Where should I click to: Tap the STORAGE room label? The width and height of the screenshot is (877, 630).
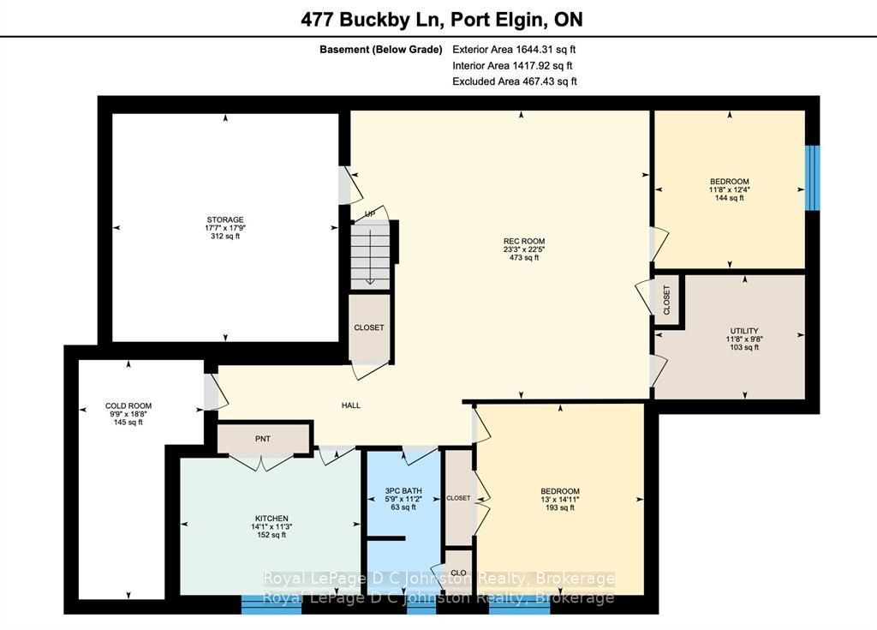pos(225,219)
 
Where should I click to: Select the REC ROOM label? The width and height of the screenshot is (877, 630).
pos(524,242)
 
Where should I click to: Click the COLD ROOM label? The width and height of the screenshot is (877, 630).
pos(128,406)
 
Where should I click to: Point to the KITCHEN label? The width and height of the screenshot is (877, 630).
pos(271,519)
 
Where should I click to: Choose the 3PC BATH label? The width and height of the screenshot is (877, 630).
pos(403,490)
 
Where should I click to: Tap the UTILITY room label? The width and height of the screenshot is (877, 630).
pos(744,331)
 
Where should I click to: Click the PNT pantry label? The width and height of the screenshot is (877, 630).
pos(263,439)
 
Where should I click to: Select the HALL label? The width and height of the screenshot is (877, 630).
pos(351,405)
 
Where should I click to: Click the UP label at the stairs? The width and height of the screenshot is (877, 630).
pos(370,214)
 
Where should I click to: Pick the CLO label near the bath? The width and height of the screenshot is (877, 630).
pos(459,573)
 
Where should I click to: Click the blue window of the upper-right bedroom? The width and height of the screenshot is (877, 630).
pos(812,177)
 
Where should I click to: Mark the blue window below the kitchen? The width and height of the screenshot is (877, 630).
pos(271,604)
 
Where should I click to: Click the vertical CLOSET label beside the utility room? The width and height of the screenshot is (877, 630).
pos(666,300)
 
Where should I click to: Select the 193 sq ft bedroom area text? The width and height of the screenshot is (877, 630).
pos(560,507)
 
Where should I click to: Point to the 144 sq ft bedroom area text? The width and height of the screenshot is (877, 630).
pos(730,198)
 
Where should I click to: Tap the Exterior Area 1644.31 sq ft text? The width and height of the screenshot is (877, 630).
pos(514,49)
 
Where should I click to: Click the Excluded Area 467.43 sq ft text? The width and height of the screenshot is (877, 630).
pos(515,81)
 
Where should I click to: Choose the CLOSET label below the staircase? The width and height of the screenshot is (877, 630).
pos(369,327)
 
